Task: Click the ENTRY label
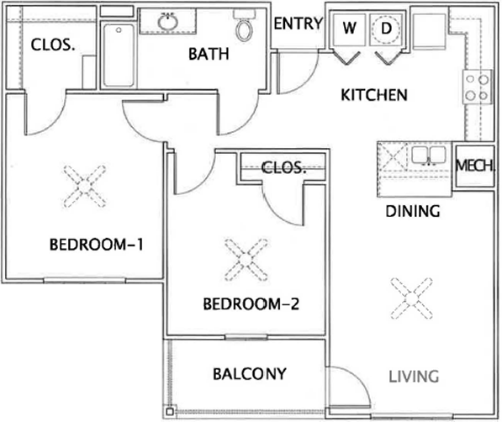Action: pos(298,24)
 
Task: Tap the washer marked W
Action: pos(349,29)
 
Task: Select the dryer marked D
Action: pos(386,29)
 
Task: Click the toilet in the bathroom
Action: pos(244,25)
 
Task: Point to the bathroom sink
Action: pos(167,22)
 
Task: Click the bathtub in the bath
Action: pos(119,55)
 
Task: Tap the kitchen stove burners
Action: pos(477,87)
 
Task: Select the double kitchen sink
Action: pos(428,156)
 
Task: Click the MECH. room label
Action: pos(474,166)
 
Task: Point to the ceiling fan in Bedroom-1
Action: pos(85,186)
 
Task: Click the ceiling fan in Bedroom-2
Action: pos(246,260)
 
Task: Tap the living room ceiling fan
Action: pos(411,298)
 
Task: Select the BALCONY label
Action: pos(250,374)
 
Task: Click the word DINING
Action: pos(413,211)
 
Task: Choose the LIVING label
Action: pos(414,377)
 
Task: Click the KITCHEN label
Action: pos(374,95)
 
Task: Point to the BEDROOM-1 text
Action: pos(96,245)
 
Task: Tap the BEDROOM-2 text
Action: pos(251,303)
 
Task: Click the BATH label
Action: pos(209,54)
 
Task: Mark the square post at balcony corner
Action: pos(170,411)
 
